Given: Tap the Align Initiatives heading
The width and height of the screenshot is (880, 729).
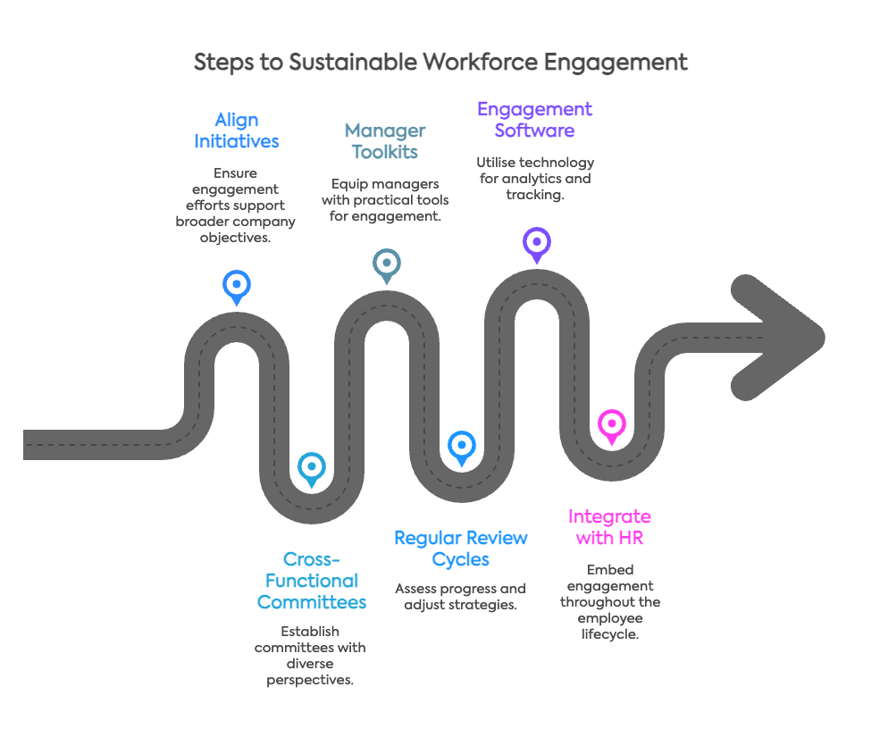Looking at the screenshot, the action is click(x=236, y=130).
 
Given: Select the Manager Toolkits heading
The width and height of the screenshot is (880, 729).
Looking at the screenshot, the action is click(x=385, y=140).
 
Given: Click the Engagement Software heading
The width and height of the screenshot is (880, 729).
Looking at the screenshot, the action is click(x=534, y=120).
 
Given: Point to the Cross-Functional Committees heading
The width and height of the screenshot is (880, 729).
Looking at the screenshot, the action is click(x=311, y=580).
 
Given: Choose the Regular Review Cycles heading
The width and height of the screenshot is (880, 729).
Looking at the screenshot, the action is click(x=460, y=549).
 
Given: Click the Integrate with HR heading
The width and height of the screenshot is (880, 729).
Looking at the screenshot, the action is click(x=609, y=527).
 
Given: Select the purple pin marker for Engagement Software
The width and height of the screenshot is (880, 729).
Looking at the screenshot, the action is click(x=536, y=242).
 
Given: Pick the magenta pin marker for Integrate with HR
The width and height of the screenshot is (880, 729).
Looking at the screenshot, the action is click(x=611, y=423).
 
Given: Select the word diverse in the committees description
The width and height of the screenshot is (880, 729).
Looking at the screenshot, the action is click(x=310, y=664).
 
